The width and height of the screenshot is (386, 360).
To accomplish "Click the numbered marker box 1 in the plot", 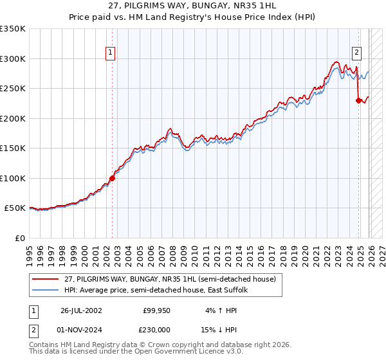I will [x=111, y=53].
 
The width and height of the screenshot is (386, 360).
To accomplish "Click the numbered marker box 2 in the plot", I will [x=356, y=53].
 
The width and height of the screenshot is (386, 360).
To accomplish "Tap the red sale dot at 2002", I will [x=112, y=178].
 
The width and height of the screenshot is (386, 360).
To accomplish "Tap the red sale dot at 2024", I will [x=358, y=100].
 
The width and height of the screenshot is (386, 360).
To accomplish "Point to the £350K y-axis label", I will [x=13, y=29].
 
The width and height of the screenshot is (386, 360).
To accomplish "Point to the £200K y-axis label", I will [x=13, y=118].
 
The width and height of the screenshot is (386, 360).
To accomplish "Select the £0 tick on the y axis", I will [x=19, y=238].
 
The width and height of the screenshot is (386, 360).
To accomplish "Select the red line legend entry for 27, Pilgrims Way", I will [x=170, y=279].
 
